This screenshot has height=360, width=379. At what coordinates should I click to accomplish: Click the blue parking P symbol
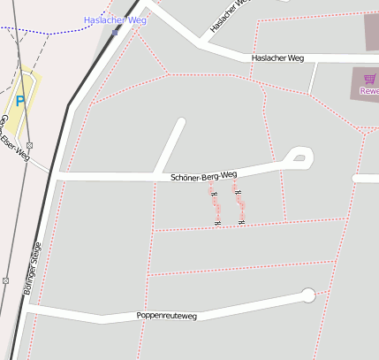click(20, 102)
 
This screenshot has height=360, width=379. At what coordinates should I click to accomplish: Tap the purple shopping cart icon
click(369, 80)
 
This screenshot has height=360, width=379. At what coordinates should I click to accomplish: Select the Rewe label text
click(370, 91)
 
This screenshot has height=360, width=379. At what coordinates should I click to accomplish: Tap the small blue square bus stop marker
click(115, 32)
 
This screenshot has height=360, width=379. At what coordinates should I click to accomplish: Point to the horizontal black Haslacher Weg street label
click(277, 58)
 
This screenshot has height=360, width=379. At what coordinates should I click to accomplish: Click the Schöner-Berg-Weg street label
click(204, 177)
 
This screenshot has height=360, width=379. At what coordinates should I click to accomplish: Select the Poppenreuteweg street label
click(166, 316)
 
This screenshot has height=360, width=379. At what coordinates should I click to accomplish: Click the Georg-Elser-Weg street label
click(15, 139)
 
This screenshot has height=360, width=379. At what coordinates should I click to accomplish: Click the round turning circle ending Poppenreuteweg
click(307, 295)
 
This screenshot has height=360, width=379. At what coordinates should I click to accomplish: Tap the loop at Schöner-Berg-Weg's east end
click(299, 158)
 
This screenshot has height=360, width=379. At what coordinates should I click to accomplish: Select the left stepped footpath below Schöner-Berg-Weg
click(214, 206)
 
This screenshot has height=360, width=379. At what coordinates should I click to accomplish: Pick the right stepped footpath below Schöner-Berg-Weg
click(239, 205)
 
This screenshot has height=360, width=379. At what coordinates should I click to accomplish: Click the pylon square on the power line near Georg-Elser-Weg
click(29, 145)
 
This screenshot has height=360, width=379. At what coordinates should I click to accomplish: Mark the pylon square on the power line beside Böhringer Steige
click(6, 280)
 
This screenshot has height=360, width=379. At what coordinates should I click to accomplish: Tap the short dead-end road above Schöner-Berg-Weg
click(170, 144)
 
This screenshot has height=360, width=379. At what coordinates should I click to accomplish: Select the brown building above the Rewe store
click(371, 32)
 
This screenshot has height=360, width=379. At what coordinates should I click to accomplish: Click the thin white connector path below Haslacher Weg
click(312, 78)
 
